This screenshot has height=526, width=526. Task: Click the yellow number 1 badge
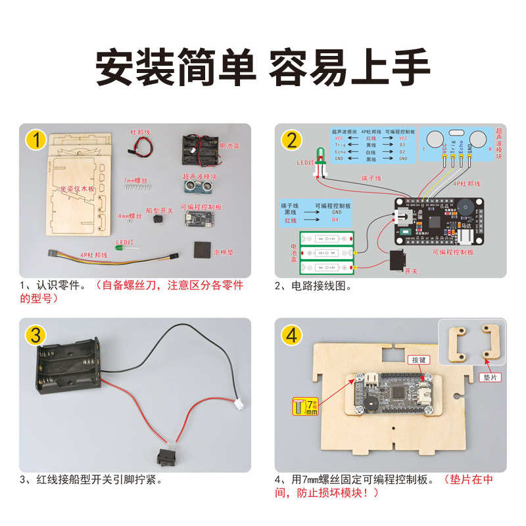coord(37,140)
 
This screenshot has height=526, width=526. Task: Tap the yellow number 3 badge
coord(37,334)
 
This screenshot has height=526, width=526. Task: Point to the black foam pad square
coord(201,251)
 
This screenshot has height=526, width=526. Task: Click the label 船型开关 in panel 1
coord(158,211)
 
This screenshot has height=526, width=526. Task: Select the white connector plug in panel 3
coord(237,409)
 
